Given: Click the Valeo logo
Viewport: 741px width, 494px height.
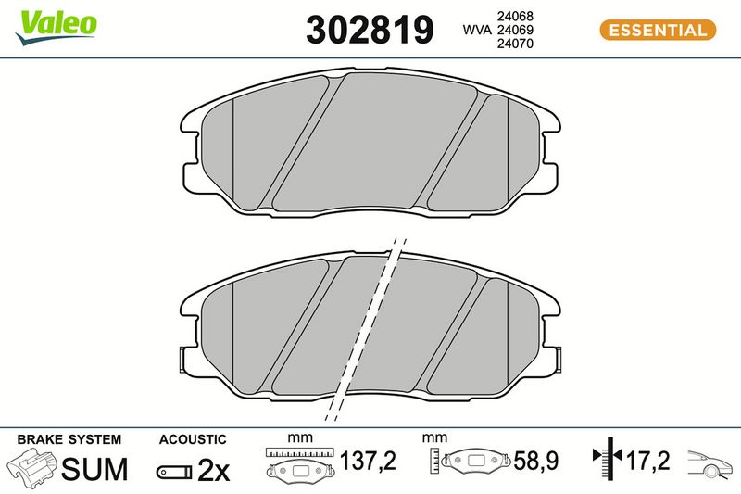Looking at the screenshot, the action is [x=56, y=27].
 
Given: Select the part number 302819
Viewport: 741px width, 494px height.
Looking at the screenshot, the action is [x=370, y=30].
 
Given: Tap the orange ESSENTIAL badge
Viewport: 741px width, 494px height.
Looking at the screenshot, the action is [x=658, y=31].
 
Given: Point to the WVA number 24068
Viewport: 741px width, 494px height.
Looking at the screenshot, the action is [x=515, y=16].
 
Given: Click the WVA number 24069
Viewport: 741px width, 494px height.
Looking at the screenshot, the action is [x=515, y=30].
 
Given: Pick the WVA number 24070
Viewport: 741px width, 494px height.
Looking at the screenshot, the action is [x=515, y=44].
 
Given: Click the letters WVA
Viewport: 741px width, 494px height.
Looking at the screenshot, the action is [x=477, y=30].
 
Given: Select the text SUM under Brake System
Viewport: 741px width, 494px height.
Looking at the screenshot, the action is [x=94, y=469].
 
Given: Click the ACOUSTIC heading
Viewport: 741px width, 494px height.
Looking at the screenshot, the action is [x=193, y=439].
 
